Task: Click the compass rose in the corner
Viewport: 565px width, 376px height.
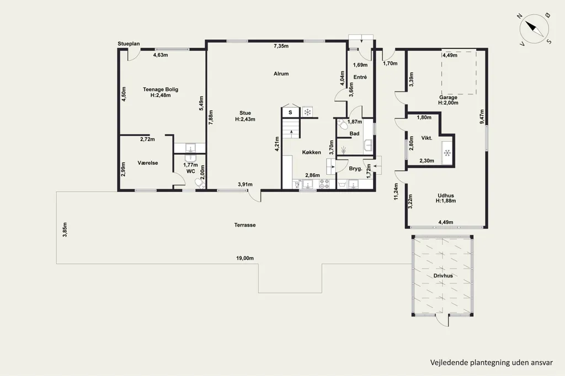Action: coord(534,29)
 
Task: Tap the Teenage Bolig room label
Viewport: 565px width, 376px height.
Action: coord(161,89)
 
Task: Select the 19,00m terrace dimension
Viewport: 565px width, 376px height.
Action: coord(245,258)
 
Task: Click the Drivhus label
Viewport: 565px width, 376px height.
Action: coord(443,276)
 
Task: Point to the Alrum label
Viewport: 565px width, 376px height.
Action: coord(281,73)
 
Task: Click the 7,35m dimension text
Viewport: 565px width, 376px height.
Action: coord(281,46)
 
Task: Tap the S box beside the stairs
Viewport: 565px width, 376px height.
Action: coord(290,112)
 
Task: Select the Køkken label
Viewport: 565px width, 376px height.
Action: coord(311,152)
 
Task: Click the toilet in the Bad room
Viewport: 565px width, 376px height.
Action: coord(342,125)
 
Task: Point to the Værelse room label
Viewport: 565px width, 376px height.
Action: coord(148,163)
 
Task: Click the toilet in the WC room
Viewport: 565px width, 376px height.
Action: coord(200,184)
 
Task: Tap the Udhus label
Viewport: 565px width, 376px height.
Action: coord(446,196)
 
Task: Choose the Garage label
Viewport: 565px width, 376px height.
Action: coord(448,97)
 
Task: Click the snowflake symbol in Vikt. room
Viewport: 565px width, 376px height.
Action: coord(447,153)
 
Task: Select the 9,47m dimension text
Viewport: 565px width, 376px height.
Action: coord(482,117)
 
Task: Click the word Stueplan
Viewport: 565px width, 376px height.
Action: coord(129,44)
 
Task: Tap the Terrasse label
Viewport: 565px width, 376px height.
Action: coord(245,225)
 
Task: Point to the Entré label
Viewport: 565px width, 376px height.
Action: coord(360,77)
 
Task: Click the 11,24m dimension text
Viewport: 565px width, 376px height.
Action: coord(396,192)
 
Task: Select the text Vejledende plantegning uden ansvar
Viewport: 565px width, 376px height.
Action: coord(492,362)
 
